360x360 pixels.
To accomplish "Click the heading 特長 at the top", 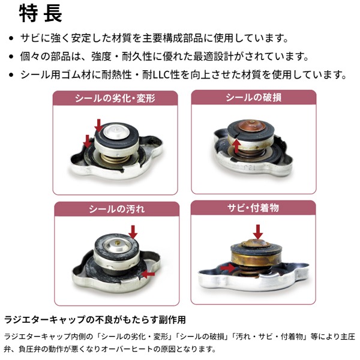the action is pos(41,14).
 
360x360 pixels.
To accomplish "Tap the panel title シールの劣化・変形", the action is pos(115,98).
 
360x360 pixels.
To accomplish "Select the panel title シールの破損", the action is pos(253,97).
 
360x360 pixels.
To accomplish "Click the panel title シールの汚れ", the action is pos(116,209).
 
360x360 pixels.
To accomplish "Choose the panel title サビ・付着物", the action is pos(253,208).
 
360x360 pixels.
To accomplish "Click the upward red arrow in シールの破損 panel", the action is pos(236,146).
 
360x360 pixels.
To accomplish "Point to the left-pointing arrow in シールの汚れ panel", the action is pos(148,274).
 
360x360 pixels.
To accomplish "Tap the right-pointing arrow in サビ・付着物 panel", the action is pos(228,268).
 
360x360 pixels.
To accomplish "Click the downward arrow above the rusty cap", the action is pos(258,232).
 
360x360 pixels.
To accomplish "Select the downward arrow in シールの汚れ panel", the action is pos(133,232).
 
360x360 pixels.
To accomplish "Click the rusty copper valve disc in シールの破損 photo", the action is pos(252,127).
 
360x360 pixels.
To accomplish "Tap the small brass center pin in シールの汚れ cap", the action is pos(118,242).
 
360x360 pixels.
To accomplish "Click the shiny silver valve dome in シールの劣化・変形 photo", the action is pos(117,132).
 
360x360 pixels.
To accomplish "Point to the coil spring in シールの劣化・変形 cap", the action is pos(113,158).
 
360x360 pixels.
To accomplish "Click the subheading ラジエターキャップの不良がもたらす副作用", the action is pos(95,320).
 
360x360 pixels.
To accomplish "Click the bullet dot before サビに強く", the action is pos(11,38).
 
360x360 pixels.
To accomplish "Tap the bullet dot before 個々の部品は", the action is pos(11,56).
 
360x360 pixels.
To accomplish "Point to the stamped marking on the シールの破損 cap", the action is pos(249,167).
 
